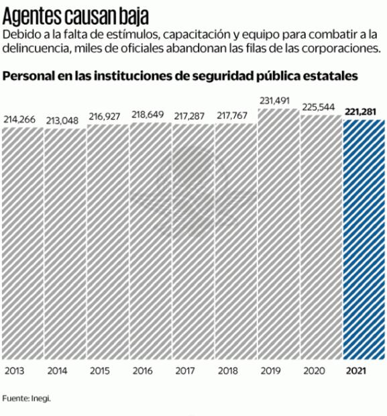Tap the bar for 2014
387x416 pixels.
[65, 245]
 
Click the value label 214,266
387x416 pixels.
[22, 119]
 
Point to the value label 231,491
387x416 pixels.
[278, 101]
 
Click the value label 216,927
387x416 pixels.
[107, 117]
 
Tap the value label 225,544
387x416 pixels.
[321, 107]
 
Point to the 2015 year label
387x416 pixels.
[99, 370]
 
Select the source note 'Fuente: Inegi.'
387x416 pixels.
[27, 399]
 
